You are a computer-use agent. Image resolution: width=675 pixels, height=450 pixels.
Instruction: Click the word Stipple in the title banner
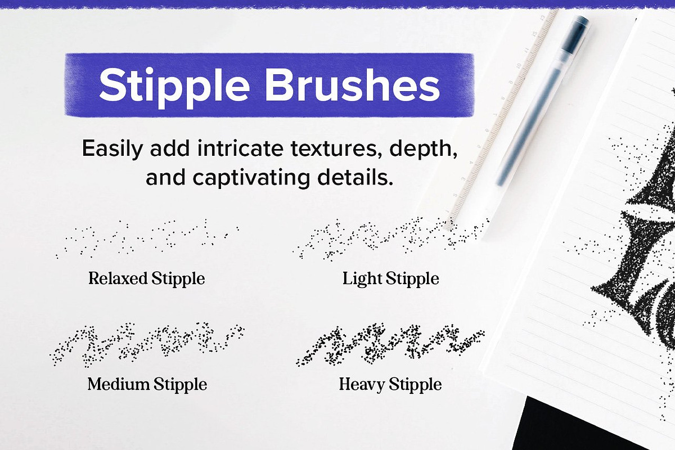(x=174, y=87)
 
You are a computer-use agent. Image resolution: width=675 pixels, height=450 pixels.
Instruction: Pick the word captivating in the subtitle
(x=251, y=178)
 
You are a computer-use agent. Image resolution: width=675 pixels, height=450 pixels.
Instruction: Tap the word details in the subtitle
(x=355, y=177)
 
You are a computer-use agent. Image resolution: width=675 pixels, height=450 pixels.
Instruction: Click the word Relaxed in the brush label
(x=118, y=278)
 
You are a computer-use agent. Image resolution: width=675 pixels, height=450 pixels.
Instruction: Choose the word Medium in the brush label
(x=119, y=384)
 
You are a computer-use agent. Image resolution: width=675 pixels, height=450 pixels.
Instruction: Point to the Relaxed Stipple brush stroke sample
(x=147, y=238)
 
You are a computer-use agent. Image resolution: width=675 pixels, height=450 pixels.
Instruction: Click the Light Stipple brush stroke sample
(x=390, y=238)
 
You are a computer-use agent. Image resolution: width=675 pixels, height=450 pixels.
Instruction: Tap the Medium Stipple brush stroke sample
(x=147, y=345)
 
